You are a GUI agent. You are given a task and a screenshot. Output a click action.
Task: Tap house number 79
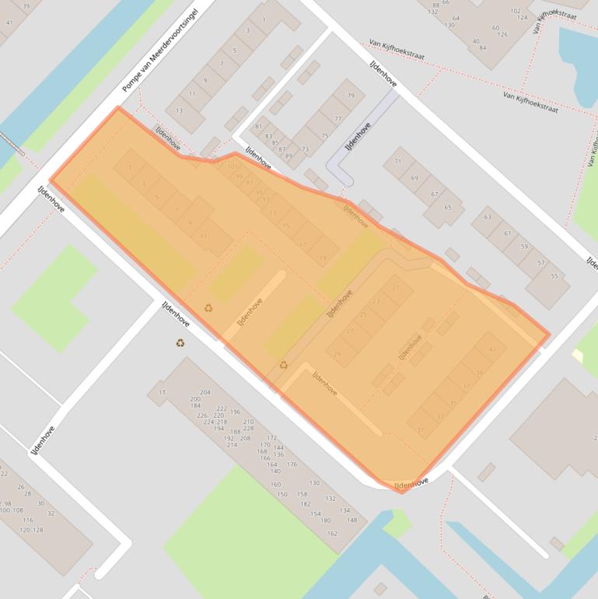point(350,96)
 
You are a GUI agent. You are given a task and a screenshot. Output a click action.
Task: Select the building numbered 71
point(399,161)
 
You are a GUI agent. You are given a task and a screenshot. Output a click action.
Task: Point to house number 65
point(447,208)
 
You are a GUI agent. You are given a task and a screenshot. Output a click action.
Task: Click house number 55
point(554,276)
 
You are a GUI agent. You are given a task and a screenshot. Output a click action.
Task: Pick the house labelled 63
point(488,218)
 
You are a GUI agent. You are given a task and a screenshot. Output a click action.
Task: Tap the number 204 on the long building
point(205,393)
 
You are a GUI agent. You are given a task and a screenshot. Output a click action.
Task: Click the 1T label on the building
point(163,393)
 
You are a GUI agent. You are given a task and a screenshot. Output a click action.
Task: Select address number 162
point(333,534)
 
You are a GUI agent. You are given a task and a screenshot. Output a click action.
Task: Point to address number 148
point(352,520)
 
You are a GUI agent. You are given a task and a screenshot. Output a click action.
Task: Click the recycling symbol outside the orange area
point(180,342)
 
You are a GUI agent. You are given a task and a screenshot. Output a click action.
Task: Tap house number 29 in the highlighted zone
point(337,354)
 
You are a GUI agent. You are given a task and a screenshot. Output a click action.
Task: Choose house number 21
point(397,288)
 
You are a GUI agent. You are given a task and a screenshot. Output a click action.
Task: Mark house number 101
point(232,166)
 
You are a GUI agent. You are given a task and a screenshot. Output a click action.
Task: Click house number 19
point(323,258)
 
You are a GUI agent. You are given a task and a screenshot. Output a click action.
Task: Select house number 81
point(258,127)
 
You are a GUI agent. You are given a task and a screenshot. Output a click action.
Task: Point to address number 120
point(24,530)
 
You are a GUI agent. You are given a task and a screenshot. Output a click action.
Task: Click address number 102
point(515,11)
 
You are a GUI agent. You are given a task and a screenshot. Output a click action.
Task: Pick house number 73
point(305,149)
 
